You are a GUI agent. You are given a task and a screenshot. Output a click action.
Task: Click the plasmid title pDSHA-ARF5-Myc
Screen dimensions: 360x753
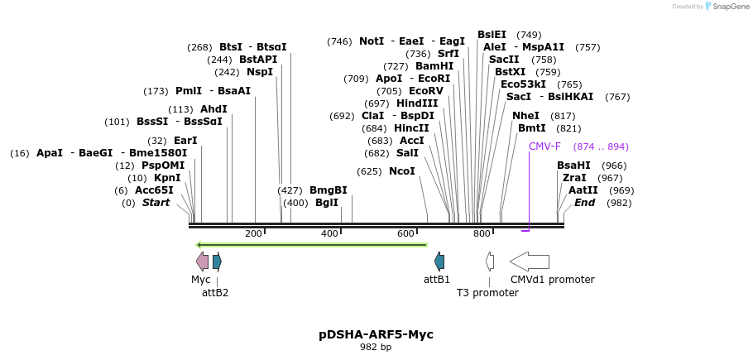[376, 334]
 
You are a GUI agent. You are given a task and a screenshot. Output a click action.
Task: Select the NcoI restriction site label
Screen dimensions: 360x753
[401, 171]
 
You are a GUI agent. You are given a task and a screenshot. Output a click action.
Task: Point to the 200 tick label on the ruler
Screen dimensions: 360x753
[253, 234]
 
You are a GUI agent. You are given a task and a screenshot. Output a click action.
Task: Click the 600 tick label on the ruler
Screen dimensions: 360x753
[405, 234]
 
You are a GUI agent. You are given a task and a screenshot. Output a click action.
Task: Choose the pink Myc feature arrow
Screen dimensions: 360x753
[202, 262]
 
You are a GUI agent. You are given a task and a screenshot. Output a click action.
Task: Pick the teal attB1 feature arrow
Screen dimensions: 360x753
[439, 262]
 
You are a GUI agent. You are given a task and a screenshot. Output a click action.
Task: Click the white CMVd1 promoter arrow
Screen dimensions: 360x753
[529, 262]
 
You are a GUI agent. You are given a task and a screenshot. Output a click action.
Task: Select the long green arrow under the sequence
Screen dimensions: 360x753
[311, 244]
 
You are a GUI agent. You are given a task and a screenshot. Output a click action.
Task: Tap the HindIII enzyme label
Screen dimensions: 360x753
[417, 103]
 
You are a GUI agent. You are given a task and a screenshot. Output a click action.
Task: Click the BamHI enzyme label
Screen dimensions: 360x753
[434, 66]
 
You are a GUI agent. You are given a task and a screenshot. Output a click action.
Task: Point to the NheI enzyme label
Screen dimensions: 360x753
[525, 116]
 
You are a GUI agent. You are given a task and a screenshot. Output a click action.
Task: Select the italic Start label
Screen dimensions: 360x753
[156, 203]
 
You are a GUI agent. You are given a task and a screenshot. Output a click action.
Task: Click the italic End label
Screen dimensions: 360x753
[584, 203]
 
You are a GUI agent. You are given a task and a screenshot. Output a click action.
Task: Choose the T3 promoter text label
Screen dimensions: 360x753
[487, 292]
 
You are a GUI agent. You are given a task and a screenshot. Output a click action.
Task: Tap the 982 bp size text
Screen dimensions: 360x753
[376, 348]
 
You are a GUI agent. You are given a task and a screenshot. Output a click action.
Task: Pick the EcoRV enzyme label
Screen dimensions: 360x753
[426, 91]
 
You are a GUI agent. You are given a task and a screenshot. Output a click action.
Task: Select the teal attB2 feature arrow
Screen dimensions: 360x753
[217, 262]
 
